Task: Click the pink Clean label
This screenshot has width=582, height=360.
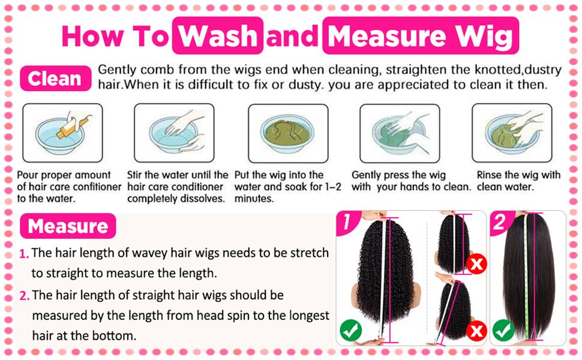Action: pos(54,79)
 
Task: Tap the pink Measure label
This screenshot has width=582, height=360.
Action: pos(68,226)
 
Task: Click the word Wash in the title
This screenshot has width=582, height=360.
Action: pos(218,37)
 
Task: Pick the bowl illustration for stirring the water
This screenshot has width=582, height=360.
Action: pos(174,133)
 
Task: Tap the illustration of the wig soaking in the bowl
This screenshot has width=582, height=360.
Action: pos(288,133)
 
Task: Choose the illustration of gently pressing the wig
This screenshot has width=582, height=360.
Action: pos(399,133)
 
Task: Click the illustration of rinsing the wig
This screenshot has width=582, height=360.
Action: pos(511,133)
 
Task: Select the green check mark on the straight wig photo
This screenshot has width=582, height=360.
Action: pos(503,329)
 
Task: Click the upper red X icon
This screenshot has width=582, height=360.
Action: pos(477,263)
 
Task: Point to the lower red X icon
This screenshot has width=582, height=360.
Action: pos(477,330)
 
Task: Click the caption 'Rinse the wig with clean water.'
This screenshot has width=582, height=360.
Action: pos(518,181)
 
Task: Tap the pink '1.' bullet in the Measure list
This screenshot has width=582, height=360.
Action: pos(24,254)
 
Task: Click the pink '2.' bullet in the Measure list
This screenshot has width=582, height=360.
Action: pos(25,296)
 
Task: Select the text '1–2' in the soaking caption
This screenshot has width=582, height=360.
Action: pos(330,187)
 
